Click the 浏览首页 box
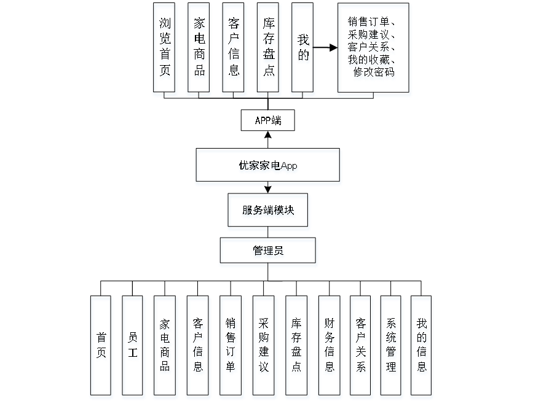[x=165, y=49]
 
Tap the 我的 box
[x=303, y=49]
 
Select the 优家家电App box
[x=268, y=166]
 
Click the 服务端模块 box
[x=268, y=211]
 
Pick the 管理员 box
[x=268, y=252]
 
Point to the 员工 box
[x=133, y=347]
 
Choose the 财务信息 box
[x=330, y=347]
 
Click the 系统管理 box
[x=392, y=347]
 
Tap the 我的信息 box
[x=422, y=347]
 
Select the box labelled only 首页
[x=101, y=347]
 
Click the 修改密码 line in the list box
[x=374, y=74]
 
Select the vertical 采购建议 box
[x=264, y=347]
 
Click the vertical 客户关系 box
[x=361, y=347]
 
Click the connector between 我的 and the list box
[x=326, y=47]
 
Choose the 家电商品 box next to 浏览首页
[x=199, y=49]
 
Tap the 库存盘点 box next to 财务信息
[x=297, y=347]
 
